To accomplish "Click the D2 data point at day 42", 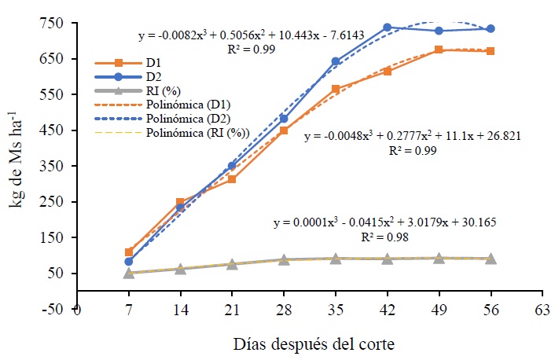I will (388, 28).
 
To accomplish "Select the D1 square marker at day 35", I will (336, 90).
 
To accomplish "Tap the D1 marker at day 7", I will (129, 252).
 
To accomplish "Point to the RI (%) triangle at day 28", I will (284, 259).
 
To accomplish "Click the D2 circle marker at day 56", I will (491, 28).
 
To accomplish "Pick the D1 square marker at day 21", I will (232, 180).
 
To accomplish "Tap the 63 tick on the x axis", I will (542, 309).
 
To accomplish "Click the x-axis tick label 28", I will (284, 309).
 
